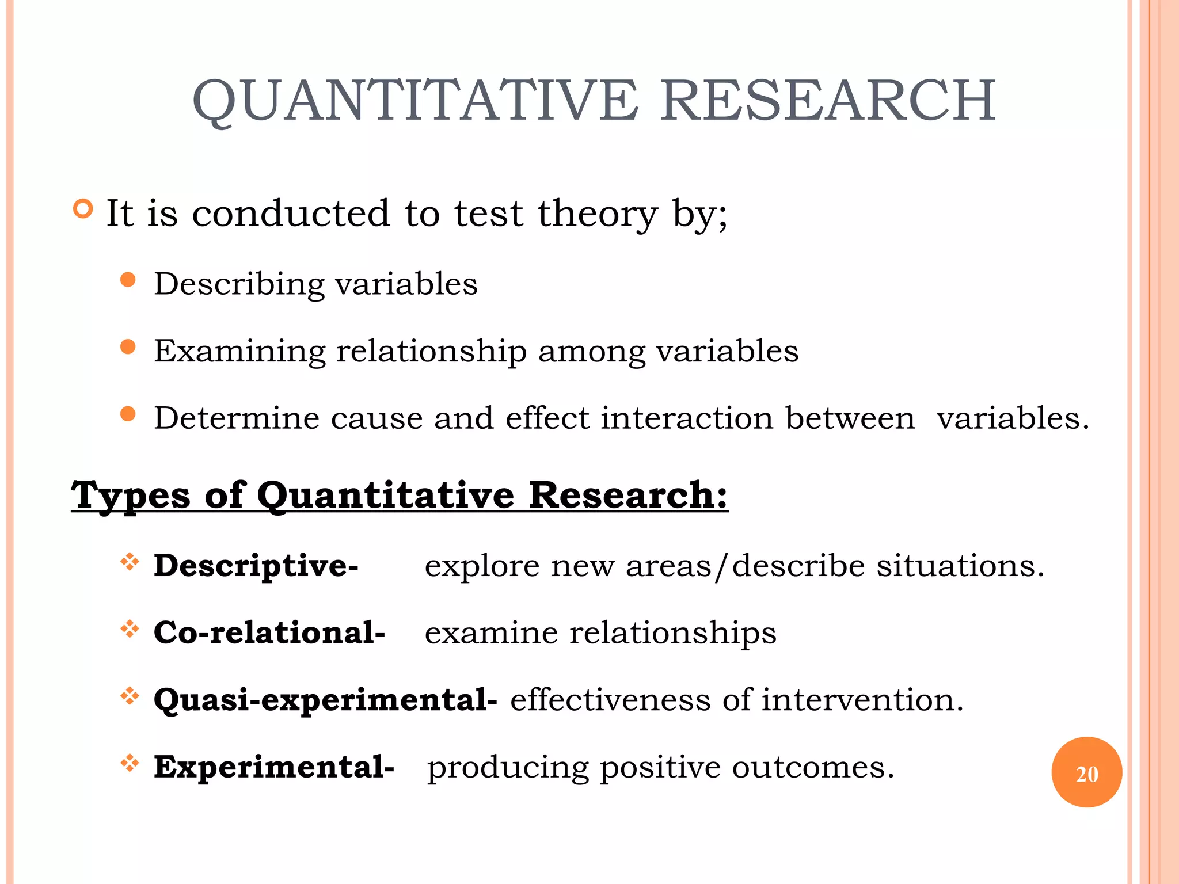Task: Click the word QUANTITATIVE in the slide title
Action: (414, 101)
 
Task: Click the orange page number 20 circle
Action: (1086, 772)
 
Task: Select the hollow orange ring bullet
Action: (83, 208)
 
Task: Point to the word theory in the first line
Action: (598, 214)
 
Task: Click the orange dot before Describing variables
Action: (128, 280)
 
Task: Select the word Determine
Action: (236, 418)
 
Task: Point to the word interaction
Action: (687, 418)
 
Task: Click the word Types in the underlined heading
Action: (130, 496)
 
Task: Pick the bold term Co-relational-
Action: (269, 633)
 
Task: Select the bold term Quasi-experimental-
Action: (325, 700)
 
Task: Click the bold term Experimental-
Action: (273, 767)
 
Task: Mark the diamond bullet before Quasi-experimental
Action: (130, 696)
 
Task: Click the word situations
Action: (960, 566)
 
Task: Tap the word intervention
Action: (862, 700)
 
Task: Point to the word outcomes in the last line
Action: (812, 767)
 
